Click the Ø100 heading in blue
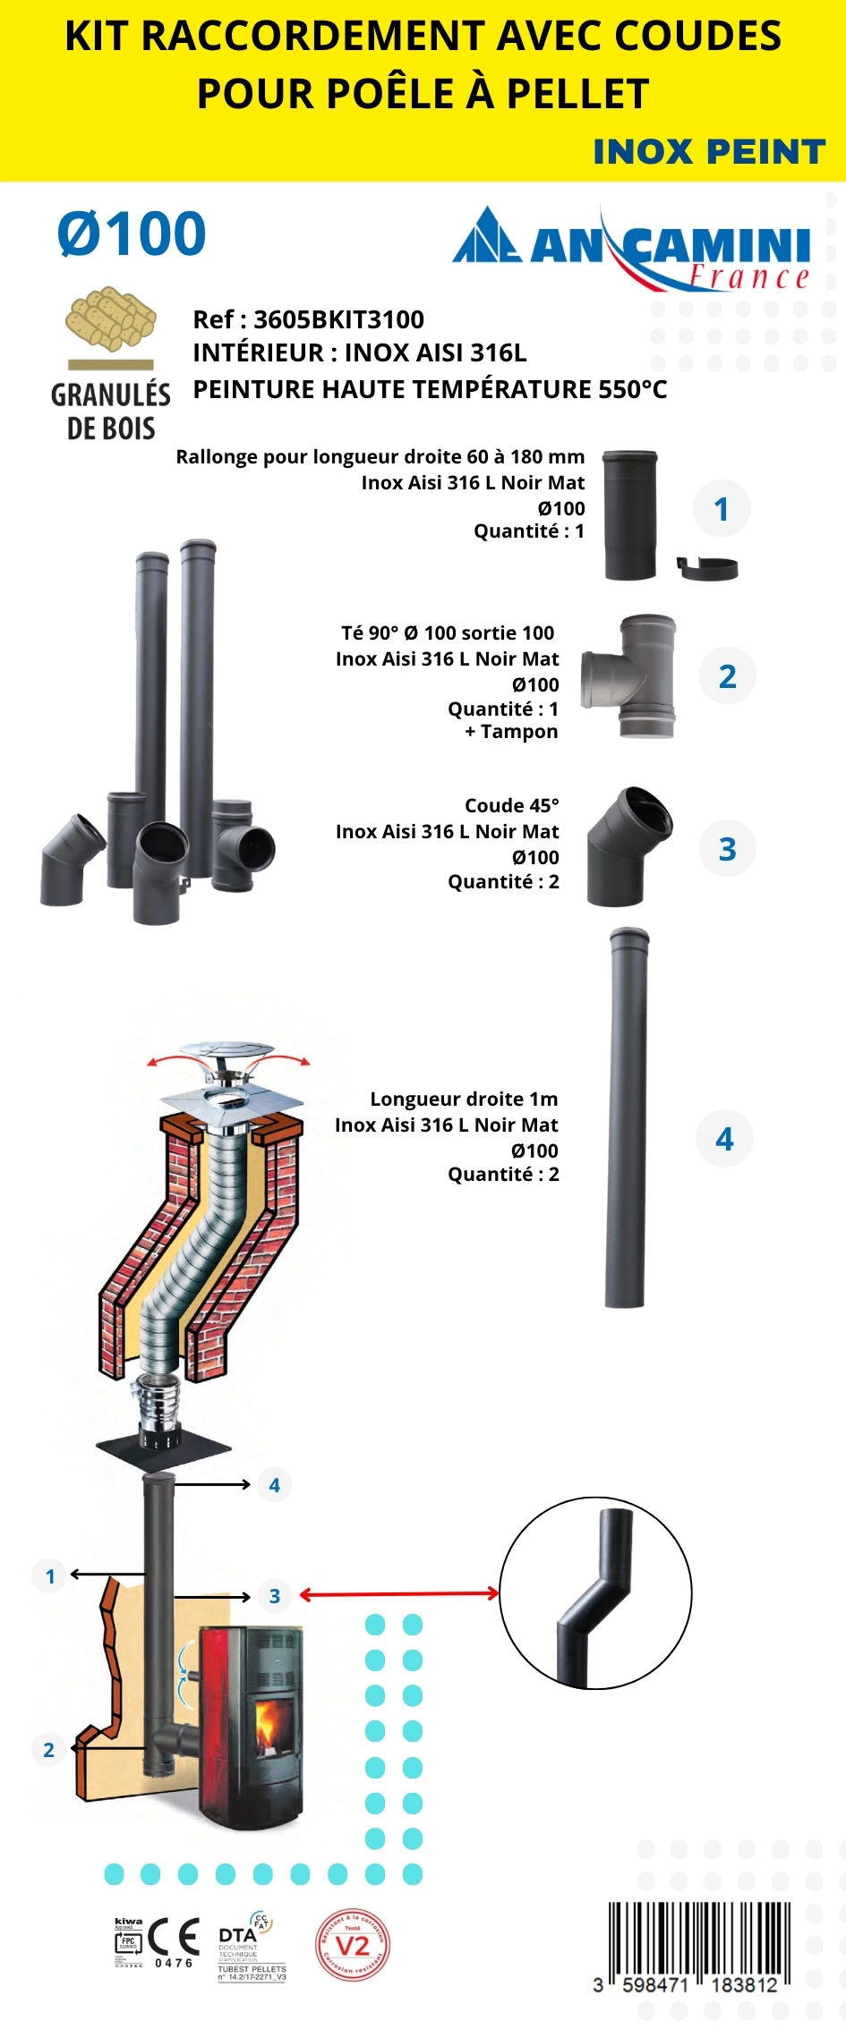[132, 234]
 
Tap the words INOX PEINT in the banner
[708, 152]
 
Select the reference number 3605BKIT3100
[338, 319]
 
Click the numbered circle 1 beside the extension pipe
[722, 509]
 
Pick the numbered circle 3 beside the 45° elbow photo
[727, 849]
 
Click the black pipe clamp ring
[707, 567]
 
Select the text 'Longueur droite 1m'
[464, 1099]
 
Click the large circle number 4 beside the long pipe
[724, 1139]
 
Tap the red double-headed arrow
[398, 1593]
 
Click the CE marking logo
[174, 1937]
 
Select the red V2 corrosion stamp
[353, 1946]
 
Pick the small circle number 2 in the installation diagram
[49, 1749]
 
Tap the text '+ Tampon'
[511, 732]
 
